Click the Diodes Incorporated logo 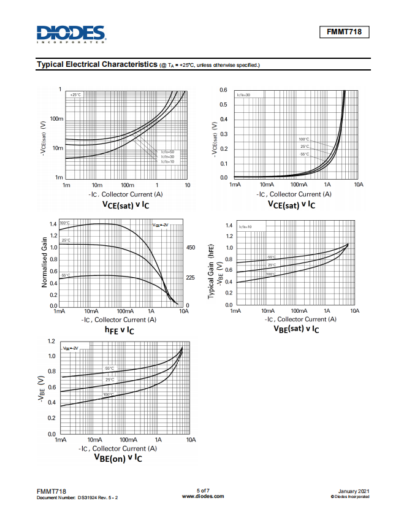[71, 34]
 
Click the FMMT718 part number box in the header [344, 32]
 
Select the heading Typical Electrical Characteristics [96, 64]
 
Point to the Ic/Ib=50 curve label [167, 151]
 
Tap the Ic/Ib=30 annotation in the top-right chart [243, 95]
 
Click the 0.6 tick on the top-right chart [224, 90]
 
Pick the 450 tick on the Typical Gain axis [190, 248]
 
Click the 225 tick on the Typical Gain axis [190, 277]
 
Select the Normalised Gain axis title [45, 263]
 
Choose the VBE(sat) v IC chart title [296, 329]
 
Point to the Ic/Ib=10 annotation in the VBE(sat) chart [245, 227]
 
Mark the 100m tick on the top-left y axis [56, 118]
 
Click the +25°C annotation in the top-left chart [75, 95]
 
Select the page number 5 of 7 [203, 490]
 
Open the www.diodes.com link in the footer [203, 496]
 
